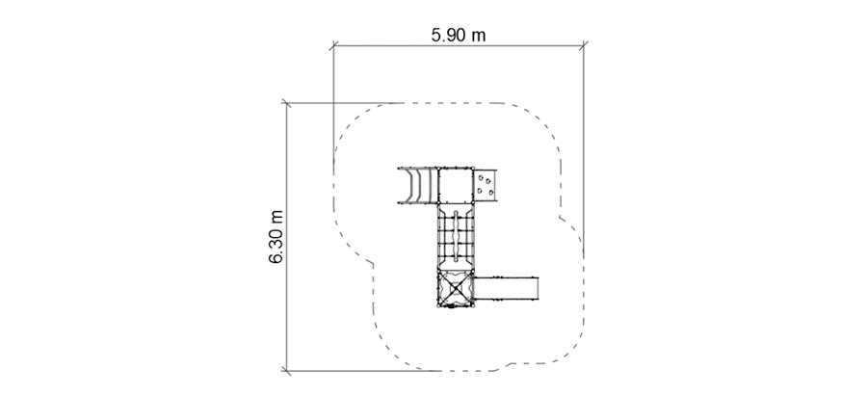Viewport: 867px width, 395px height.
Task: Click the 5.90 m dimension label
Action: (459, 35)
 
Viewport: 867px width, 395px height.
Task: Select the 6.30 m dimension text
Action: (276, 237)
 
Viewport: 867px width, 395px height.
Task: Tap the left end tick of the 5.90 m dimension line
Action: (333, 45)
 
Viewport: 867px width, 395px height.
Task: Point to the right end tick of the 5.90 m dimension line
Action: (584, 45)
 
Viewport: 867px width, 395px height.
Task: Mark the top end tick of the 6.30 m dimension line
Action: (286, 103)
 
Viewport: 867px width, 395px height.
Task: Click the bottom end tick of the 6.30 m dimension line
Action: (286, 371)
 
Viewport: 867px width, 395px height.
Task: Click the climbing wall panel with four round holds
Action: (486, 185)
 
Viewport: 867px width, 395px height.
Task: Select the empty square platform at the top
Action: (457, 185)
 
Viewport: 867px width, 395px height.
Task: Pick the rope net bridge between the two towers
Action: (457, 237)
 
